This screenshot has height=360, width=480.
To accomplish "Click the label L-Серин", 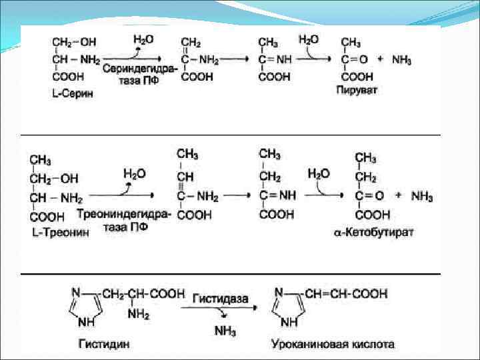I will point(72,95).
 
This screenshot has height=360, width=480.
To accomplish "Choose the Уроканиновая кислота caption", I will point(333,345).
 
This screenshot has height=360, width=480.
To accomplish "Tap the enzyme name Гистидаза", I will point(221,294).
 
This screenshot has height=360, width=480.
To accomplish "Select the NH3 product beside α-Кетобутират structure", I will point(421,197).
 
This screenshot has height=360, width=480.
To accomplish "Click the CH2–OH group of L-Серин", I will point(73,41).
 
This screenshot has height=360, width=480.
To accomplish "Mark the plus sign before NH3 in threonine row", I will point(398,196).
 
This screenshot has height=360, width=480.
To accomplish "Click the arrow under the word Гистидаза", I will point(221,306).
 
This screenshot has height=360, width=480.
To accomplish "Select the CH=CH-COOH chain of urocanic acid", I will point(347,293).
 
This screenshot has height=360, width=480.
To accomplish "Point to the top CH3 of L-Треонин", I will point(41,161).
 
